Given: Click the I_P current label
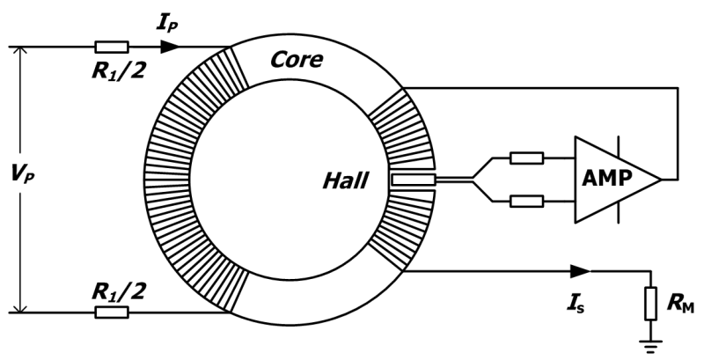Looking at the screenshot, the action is click(x=167, y=23).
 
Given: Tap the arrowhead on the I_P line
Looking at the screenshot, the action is click(x=170, y=47).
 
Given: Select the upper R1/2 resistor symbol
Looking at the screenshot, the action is click(x=112, y=47).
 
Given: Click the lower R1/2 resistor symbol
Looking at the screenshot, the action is click(x=112, y=312).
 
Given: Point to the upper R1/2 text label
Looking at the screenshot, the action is click(x=119, y=70).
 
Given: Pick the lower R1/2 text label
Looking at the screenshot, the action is click(x=119, y=292).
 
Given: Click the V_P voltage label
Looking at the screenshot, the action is click(x=24, y=174).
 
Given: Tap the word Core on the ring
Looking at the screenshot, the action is click(x=297, y=60).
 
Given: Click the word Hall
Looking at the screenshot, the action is click(x=345, y=181).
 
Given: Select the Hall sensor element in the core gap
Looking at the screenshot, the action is click(x=413, y=180).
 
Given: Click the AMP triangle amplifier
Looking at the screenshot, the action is click(x=618, y=180).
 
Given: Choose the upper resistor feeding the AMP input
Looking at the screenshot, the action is click(x=526, y=158).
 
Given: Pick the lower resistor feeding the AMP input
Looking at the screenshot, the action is click(x=526, y=202).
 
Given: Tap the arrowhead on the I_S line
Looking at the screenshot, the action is click(x=581, y=271).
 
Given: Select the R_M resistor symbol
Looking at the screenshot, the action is click(x=650, y=303).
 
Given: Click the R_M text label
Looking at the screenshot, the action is click(x=680, y=304).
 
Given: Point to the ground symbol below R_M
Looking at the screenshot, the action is click(x=650, y=347).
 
